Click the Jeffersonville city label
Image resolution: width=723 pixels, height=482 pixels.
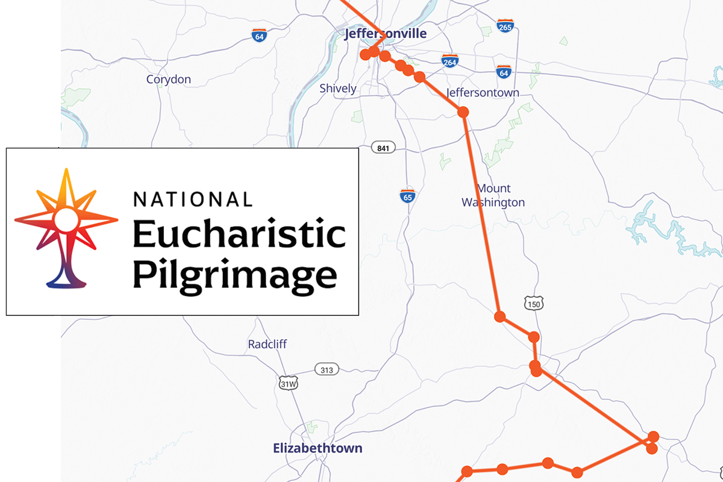click(384, 34)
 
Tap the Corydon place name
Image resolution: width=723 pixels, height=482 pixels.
click(169, 80)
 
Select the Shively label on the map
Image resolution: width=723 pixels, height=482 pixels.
click(337, 89)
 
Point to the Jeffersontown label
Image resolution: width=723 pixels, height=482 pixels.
click(483, 93)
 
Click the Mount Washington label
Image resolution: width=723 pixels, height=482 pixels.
click(493, 196)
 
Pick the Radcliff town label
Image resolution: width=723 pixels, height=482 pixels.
click(268, 345)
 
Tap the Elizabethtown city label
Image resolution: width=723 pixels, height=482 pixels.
click(318, 448)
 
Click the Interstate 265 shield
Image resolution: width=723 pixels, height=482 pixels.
click(505, 26)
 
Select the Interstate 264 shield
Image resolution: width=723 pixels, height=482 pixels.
click(449, 61)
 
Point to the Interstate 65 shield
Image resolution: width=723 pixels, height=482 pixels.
click(408, 195)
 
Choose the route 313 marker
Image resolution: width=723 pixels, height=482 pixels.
click(326, 369)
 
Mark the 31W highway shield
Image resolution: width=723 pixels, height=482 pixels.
click(289, 383)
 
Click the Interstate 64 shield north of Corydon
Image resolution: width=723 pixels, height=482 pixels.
click(259, 36)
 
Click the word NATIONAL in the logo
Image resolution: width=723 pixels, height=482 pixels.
click(192, 199)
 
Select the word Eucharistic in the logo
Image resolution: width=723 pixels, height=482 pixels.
click(239, 235)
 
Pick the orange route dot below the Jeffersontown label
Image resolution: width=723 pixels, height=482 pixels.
click(463, 112)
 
